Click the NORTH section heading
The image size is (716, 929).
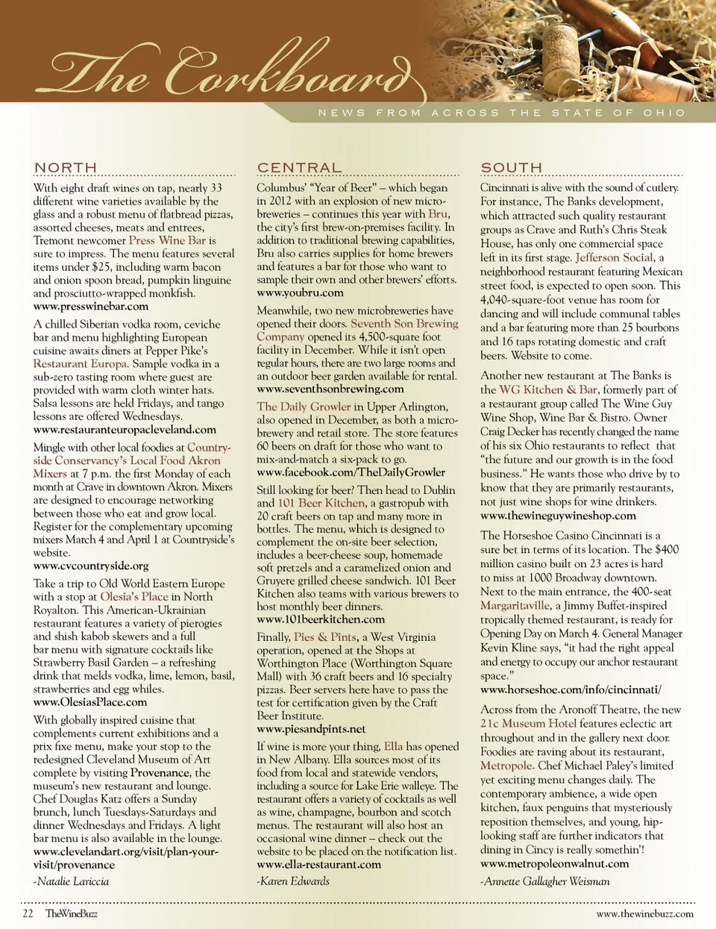coord(66,168)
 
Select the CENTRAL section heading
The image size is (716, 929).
coord(299,168)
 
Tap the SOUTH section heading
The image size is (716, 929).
coord(511,168)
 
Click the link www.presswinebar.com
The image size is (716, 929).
coord(90,307)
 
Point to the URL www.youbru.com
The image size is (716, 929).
coord(300,293)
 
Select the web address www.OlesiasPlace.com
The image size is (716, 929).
coord(89,702)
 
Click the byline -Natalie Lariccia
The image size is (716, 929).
coord(71,881)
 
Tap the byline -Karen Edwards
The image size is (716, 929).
coord(292,881)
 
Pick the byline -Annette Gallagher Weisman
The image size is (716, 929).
coord(544,881)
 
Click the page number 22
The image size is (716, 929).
coord(28,913)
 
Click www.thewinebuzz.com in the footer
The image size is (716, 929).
coord(644,913)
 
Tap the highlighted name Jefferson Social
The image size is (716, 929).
coord(615,257)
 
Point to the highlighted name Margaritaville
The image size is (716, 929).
coord(515,605)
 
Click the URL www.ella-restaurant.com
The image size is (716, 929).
coord(318,865)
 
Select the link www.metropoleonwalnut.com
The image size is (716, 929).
coord(554,864)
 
